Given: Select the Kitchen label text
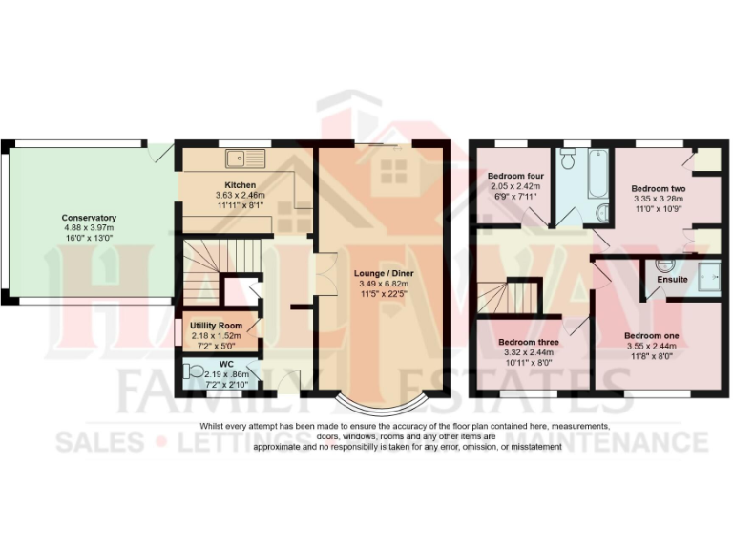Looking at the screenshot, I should click(x=240, y=184).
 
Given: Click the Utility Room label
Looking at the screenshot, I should click(x=217, y=326).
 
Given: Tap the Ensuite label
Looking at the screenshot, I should click(x=671, y=279).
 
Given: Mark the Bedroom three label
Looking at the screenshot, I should click(x=527, y=341).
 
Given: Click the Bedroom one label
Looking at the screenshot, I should click(x=653, y=336).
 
